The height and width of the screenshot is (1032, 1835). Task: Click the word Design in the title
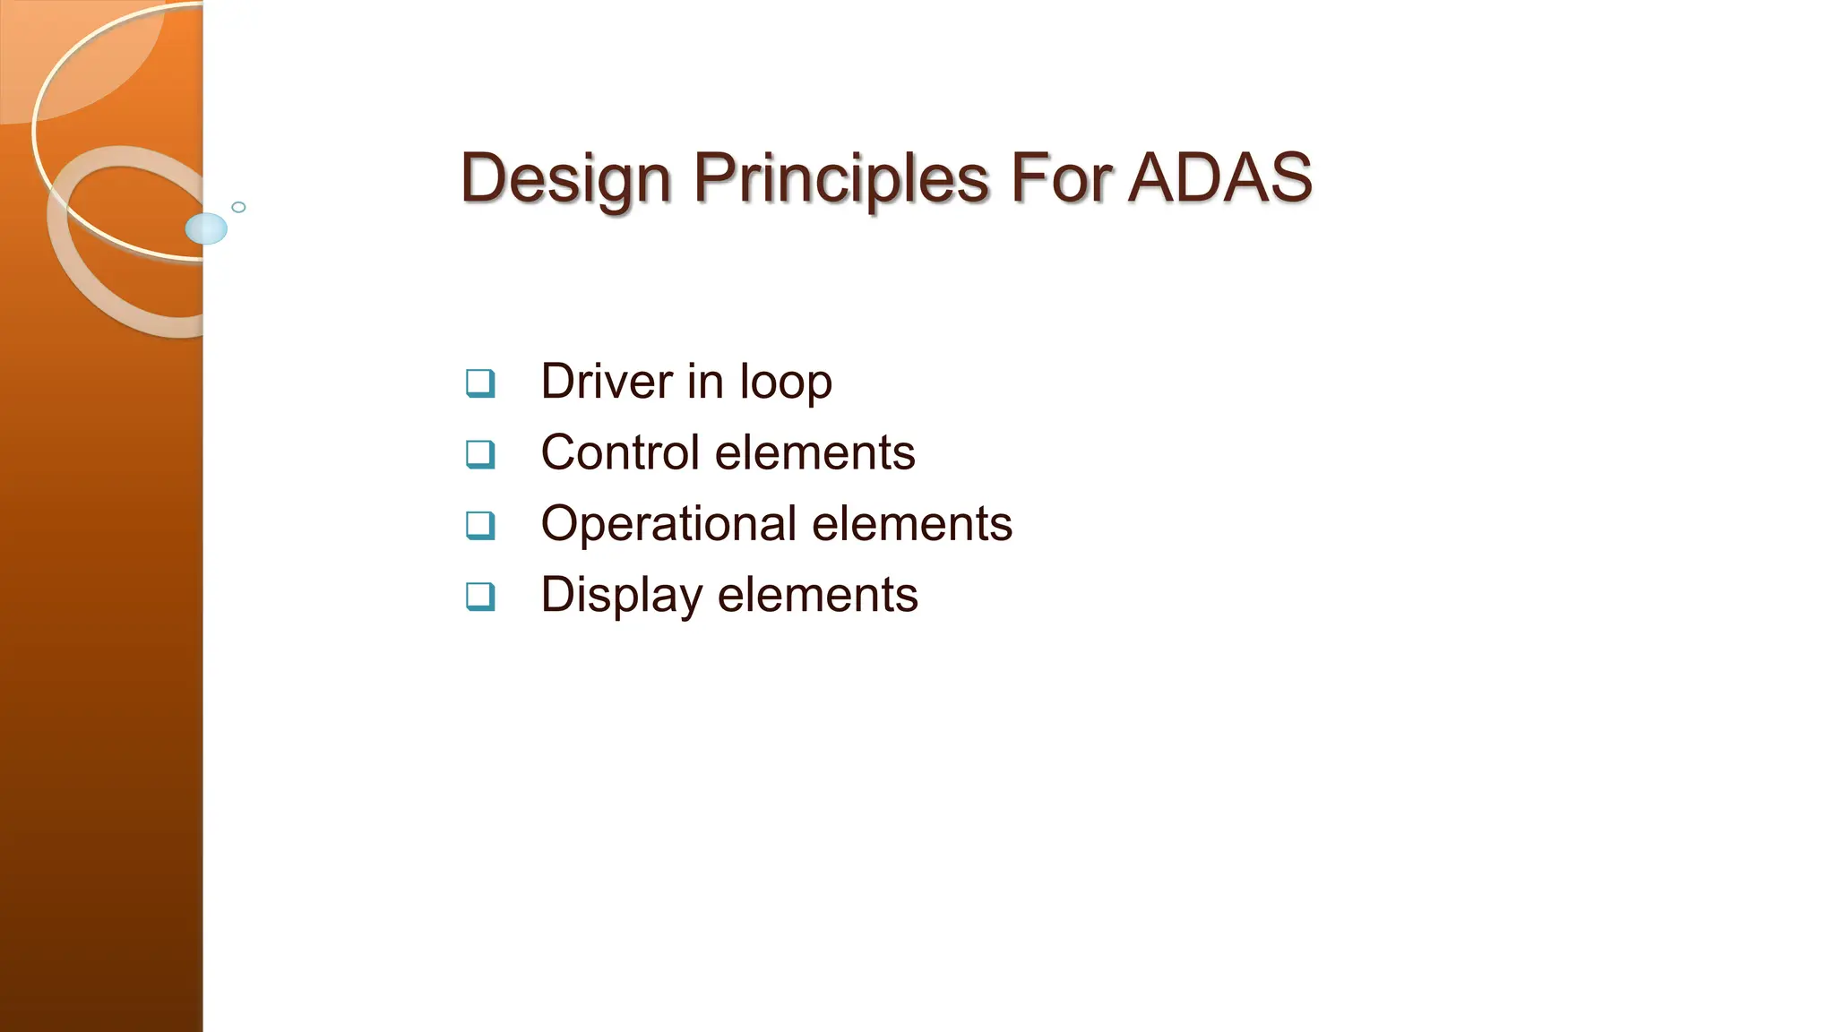(x=564, y=178)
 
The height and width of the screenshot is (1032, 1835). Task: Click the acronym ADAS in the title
(x=1220, y=178)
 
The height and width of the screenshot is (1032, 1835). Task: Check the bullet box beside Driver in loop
(x=480, y=383)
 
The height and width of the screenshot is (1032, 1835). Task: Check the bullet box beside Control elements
(x=480, y=453)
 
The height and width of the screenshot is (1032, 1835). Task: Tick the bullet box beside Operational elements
(x=480, y=524)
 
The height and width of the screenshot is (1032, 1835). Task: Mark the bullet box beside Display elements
(x=480, y=596)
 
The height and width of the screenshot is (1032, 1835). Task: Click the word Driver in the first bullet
(x=607, y=382)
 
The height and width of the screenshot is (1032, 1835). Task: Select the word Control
(x=620, y=452)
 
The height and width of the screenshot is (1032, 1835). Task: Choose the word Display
(x=621, y=596)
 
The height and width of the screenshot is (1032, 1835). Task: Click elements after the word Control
(x=815, y=452)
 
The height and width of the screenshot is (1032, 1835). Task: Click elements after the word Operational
(x=912, y=524)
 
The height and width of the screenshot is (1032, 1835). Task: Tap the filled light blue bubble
(x=206, y=228)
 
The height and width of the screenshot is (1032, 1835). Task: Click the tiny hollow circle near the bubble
(x=238, y=207)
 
